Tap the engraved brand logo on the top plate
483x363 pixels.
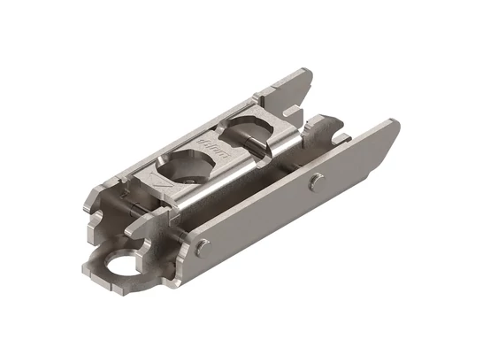click(213, 143)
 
